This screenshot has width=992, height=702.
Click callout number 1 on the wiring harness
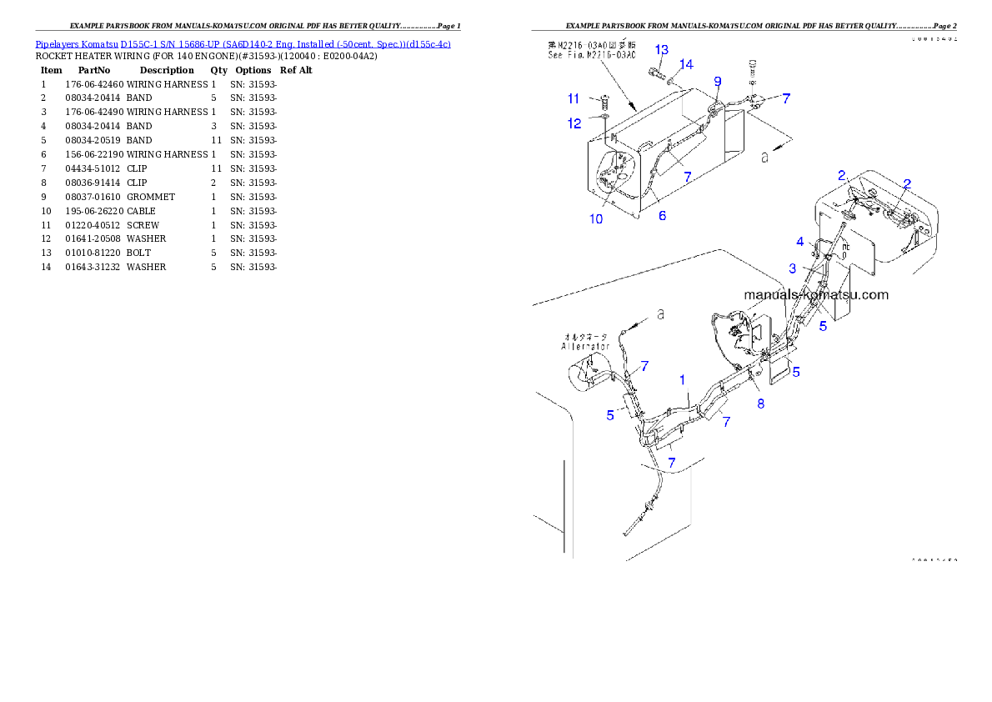click(x=682, y=379)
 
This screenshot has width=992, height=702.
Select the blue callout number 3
click(x=793, y=268)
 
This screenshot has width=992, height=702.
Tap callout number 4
click(x=799, y=242)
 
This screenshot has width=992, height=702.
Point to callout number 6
click(x=662, y=215)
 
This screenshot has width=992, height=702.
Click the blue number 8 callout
click(x=760, y=404)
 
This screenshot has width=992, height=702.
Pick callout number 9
click(x=717, y=81)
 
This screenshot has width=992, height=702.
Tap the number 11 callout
click(x=574, y=98)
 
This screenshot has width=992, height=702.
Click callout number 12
click(x=574, y=123)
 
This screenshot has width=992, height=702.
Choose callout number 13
click(x=661, y=49)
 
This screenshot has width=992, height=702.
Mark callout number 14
click(x=686, y=64)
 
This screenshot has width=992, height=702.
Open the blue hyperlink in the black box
click(x=243, y=43)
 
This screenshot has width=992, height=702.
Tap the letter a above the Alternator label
click(x=660, y=314)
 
